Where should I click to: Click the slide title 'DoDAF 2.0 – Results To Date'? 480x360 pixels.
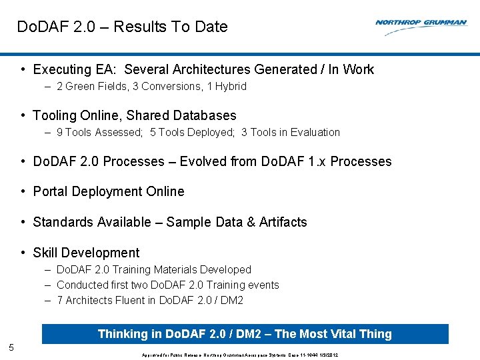tap(122, 27)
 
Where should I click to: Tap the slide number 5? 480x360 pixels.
tap(11, 347)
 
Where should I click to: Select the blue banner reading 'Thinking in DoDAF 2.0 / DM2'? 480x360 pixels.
tap(245, 334)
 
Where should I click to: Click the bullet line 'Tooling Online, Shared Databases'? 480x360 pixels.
tap(134, 115)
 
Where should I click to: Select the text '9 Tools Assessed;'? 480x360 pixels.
tap(100, 132)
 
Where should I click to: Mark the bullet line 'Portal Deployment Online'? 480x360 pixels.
tap(108, 191)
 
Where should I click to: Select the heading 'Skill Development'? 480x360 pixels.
tap(86, 253)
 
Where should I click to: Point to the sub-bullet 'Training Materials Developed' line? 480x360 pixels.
tap(153, 269)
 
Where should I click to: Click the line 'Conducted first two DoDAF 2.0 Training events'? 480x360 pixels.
tap(167, 285)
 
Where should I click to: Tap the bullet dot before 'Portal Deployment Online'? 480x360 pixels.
tap(23, 192)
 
